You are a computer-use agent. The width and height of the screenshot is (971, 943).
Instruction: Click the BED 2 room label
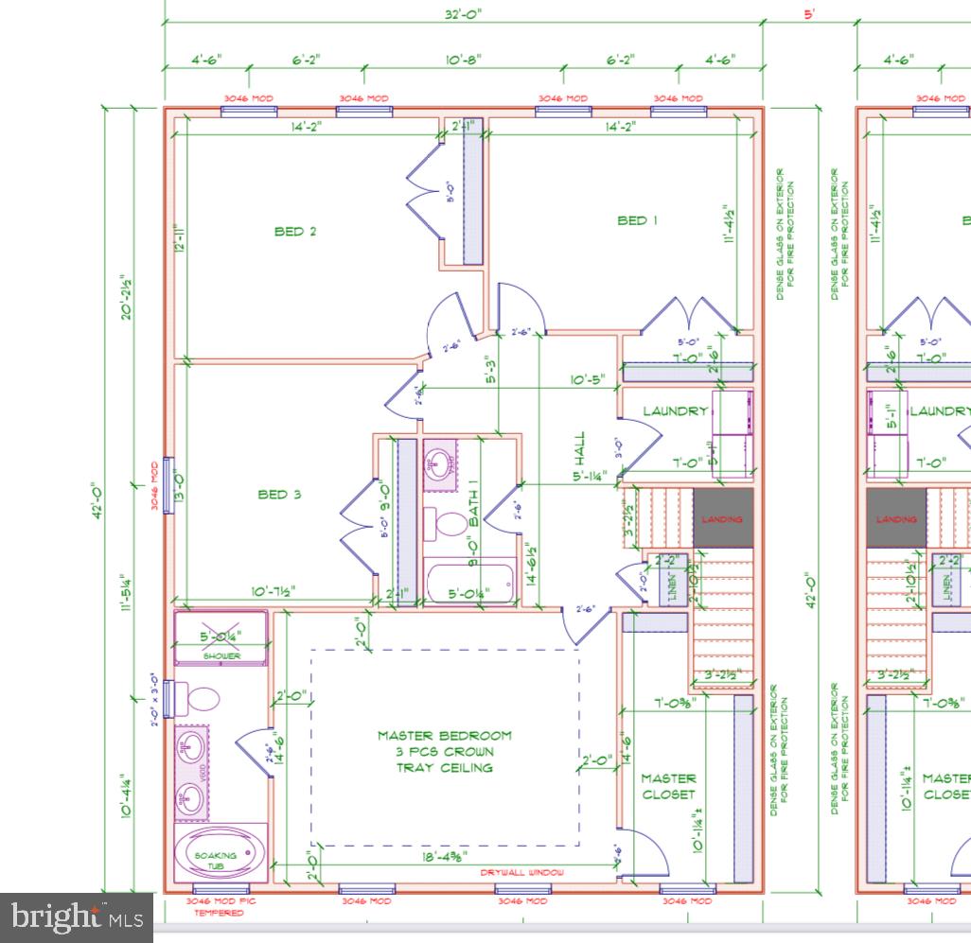pos(295,232)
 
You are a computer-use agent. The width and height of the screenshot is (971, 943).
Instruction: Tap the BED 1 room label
pos(637,220)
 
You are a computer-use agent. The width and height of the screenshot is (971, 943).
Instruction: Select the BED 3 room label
pos(279,494)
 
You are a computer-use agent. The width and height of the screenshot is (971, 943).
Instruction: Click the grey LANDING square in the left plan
pos(723,518)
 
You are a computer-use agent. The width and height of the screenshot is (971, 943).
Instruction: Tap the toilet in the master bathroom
pos(200,700)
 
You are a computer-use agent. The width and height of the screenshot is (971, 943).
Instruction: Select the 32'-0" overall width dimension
pos(464,15)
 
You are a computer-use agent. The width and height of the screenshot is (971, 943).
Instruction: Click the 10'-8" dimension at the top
pos(464,60)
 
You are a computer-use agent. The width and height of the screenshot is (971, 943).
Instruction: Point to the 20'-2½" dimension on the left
pos(124,297)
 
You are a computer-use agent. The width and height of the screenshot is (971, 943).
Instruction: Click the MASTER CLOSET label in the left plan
pos(668,786)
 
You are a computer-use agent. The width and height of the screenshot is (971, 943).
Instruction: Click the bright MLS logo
pos(77,917)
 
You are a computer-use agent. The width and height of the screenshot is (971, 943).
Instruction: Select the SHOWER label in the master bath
pos(221,655)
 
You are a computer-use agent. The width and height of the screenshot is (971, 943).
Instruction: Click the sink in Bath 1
pos(439,463)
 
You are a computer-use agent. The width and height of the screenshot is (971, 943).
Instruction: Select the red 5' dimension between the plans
pos(810,15)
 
